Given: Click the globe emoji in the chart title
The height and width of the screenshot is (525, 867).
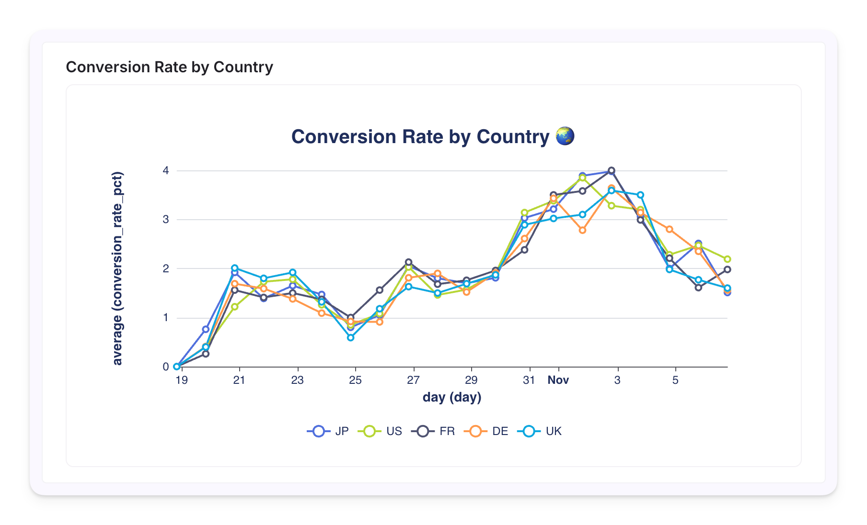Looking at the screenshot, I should (x=565, y=136).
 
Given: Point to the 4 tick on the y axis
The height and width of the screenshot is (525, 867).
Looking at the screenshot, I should (x=166, y=170).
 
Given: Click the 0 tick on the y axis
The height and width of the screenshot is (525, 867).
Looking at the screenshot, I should (x=166, y=367).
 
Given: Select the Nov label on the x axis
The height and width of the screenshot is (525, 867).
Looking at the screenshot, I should (x=558, y=380).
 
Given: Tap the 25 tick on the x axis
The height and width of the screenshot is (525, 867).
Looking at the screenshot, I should (x=355, y=380).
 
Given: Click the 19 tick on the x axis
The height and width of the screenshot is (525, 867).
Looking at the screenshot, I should (x=181, y=380).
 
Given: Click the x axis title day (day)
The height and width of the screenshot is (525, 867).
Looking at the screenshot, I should (x=451, y=397).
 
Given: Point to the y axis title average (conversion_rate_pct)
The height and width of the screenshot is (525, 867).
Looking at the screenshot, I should (x=117, y=268).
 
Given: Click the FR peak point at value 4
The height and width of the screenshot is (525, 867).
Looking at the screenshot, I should (x=611, y=170).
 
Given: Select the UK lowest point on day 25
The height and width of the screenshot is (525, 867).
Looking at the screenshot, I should (x=351, y=337).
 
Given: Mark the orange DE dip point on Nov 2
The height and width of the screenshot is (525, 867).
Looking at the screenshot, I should (x=582, y=230).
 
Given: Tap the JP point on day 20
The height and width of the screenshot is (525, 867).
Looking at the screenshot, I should (x=206, y=329).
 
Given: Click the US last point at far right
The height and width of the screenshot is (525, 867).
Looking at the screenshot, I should (x=727, y=259).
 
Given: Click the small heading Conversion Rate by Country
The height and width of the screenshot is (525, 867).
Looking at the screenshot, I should (x=169, y=67).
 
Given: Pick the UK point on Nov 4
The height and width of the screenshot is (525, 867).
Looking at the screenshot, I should (x=640, y=195).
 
